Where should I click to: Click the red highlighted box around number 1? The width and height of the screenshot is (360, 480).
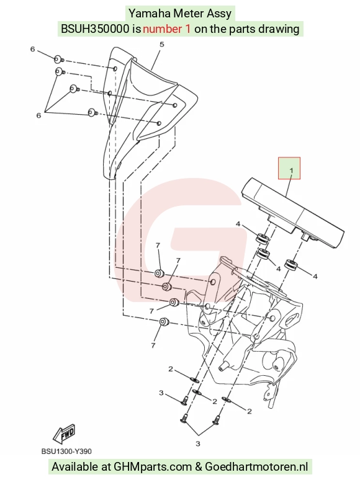tap(289, 158)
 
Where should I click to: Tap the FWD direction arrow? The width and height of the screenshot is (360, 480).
tap(64, 434)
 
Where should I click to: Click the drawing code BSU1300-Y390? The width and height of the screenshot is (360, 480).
tap(66, 451)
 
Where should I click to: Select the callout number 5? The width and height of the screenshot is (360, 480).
tap(162, 45)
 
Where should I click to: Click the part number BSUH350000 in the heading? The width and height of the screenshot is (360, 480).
tap(95, 29)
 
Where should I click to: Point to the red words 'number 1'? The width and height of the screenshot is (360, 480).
tap(167, 29)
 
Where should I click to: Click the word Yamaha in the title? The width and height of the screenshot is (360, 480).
tap(149, 14)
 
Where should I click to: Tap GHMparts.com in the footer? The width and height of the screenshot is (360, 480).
tap(153, 467)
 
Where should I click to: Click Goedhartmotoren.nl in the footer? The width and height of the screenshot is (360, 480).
tap(256, 467)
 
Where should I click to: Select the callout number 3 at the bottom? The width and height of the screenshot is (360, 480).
tap(197, 443)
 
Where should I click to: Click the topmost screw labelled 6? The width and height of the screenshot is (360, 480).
tap(58, 59)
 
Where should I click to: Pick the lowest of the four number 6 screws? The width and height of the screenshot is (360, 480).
tap(92, 113)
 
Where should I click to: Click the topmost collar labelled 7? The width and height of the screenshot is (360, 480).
tap(159, 273)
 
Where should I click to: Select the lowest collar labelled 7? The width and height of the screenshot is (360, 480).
tap(164, 322)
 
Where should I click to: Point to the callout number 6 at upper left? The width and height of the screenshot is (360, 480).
tap(32, 49)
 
